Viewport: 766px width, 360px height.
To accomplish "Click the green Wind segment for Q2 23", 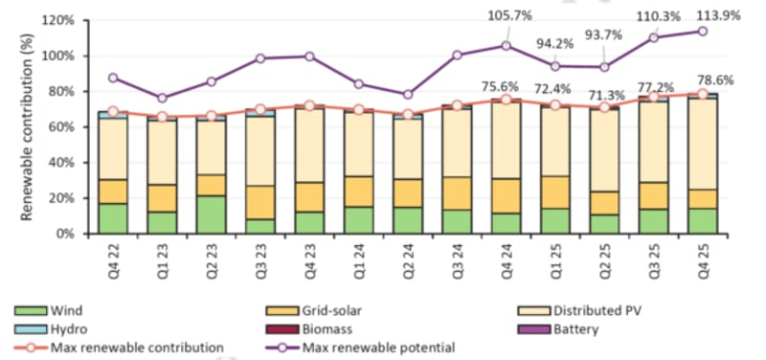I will coord(212,214).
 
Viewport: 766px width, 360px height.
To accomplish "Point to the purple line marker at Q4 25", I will coord(704,31).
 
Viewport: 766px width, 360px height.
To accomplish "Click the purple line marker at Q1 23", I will coord(163,98).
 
